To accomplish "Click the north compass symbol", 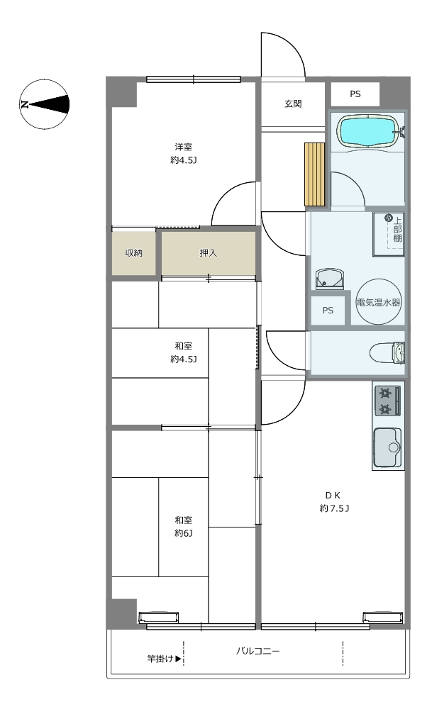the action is (44, 104).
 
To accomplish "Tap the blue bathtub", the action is (368, 131).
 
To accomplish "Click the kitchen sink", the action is (388, 447).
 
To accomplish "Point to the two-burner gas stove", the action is (388, 400).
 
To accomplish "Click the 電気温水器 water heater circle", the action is (379, 302).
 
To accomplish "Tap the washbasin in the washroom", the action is (331, 279).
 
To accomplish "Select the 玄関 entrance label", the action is (293, 104).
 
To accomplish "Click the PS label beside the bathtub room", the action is (355, 94).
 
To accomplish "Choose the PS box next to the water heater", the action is (328, 311).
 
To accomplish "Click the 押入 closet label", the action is (209, 253).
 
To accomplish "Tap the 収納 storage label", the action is (134, 253).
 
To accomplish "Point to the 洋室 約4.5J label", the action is (184, 153).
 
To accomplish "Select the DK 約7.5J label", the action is (334, 501).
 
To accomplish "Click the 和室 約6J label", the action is (184, 526).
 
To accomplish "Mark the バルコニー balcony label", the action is (257, 651).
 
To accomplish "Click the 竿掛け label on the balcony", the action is (161, 659).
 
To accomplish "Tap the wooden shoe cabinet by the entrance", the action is (315, 174).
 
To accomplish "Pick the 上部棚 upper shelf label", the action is (397, 230).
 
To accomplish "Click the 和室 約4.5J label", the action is (184, 352).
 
